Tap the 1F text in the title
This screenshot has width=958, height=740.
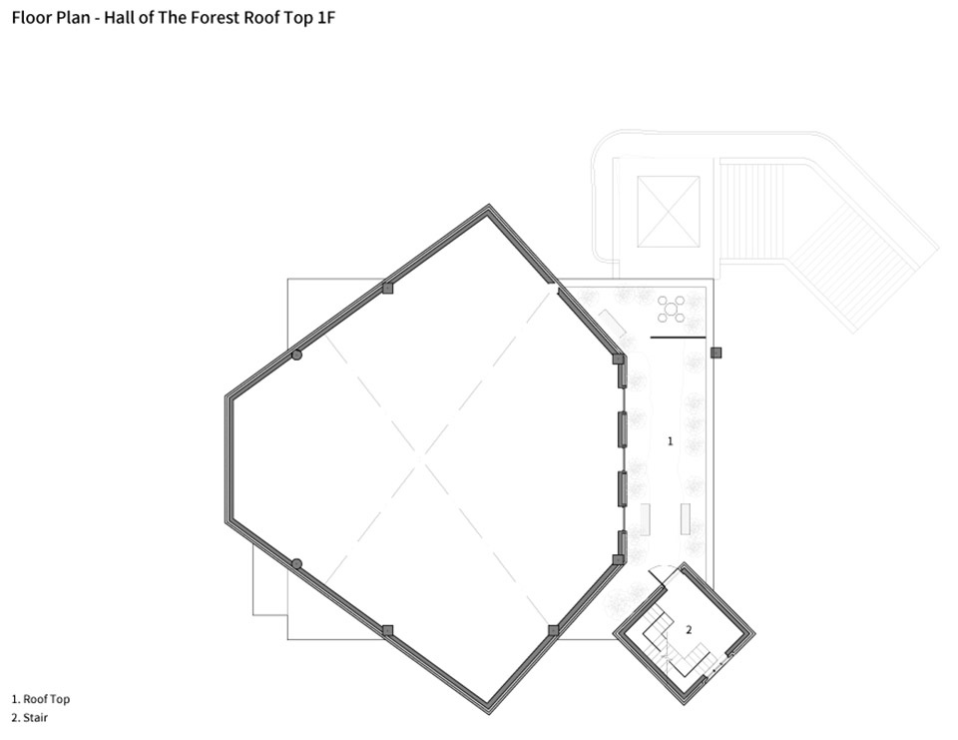[x=325, y=17]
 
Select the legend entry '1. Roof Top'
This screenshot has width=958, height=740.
[x=41, y=699]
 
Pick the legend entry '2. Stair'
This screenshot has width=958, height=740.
[x=30, y=718]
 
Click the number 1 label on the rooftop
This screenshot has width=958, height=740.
[x=671, y=441]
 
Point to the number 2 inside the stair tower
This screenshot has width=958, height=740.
[x=689, y=630]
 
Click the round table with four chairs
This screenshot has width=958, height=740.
[x=671, y=309]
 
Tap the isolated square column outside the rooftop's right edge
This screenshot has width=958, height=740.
[x=717, y=353]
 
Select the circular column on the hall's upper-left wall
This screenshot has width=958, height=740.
[x=297, y=355]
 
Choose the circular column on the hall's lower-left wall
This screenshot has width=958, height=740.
[x=297, y=564]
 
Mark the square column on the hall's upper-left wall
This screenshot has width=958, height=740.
[x=387, y=288]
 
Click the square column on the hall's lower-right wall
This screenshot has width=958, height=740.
[x=553, y=630]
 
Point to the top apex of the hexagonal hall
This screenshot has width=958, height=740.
[x=489, y=206]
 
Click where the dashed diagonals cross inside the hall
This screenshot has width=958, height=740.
[x=421, y=459]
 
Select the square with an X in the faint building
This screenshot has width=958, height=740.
[x=669, y=212]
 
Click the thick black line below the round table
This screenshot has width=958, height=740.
[x=679, y=337]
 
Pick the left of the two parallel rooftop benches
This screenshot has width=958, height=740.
[x=645, y=518]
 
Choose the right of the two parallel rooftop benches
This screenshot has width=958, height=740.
[x=686, y=518]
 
